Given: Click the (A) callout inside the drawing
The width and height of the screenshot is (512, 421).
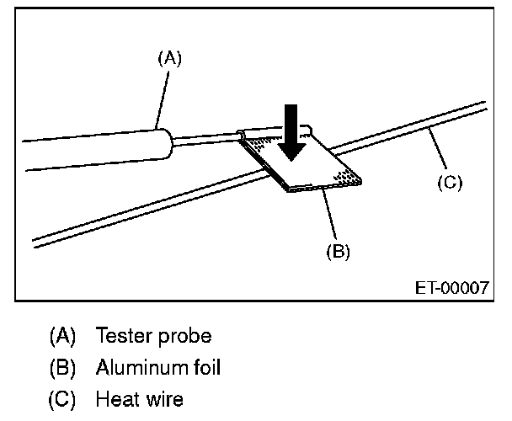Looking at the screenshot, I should click(169, 58).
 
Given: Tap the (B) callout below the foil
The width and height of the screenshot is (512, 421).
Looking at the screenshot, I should click(337, 250).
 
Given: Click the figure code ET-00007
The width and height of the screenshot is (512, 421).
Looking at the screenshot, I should click(452, 287).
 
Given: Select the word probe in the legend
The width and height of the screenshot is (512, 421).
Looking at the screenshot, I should click(184, 338).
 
